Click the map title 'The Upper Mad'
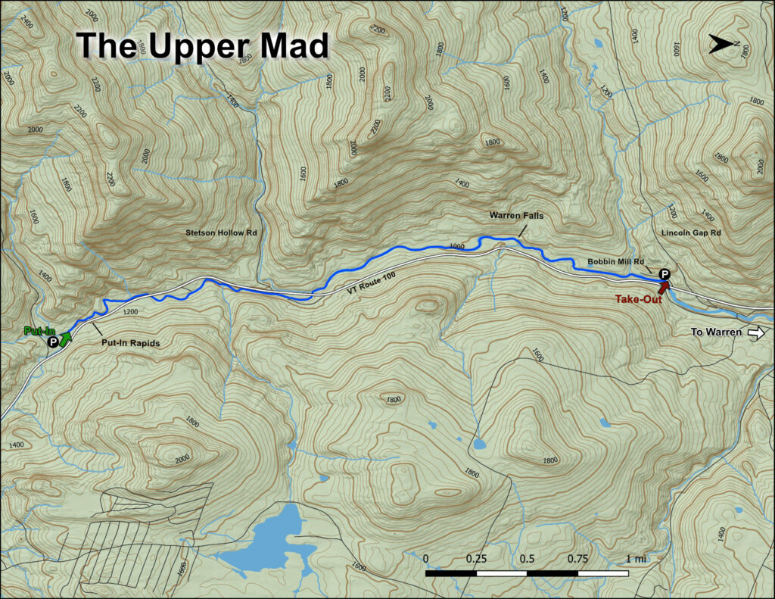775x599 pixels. tap(203, 46)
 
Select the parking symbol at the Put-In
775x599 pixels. tap(53, 342)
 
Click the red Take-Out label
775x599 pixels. tap(639, 299)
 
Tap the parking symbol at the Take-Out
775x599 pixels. tap(665, 273)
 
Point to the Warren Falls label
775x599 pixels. tap(516, 216)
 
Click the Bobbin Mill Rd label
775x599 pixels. tap(614, 262)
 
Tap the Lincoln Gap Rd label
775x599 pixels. tap(691, 232)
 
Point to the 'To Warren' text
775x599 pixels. tap(717, 332)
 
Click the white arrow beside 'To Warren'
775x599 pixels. tap(757, 332)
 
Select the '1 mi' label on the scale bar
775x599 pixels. tap(636, 559)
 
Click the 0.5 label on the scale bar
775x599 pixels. tap(527, 559)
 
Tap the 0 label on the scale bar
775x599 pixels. tap(426, 559)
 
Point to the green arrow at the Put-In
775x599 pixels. tap(66, 338)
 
